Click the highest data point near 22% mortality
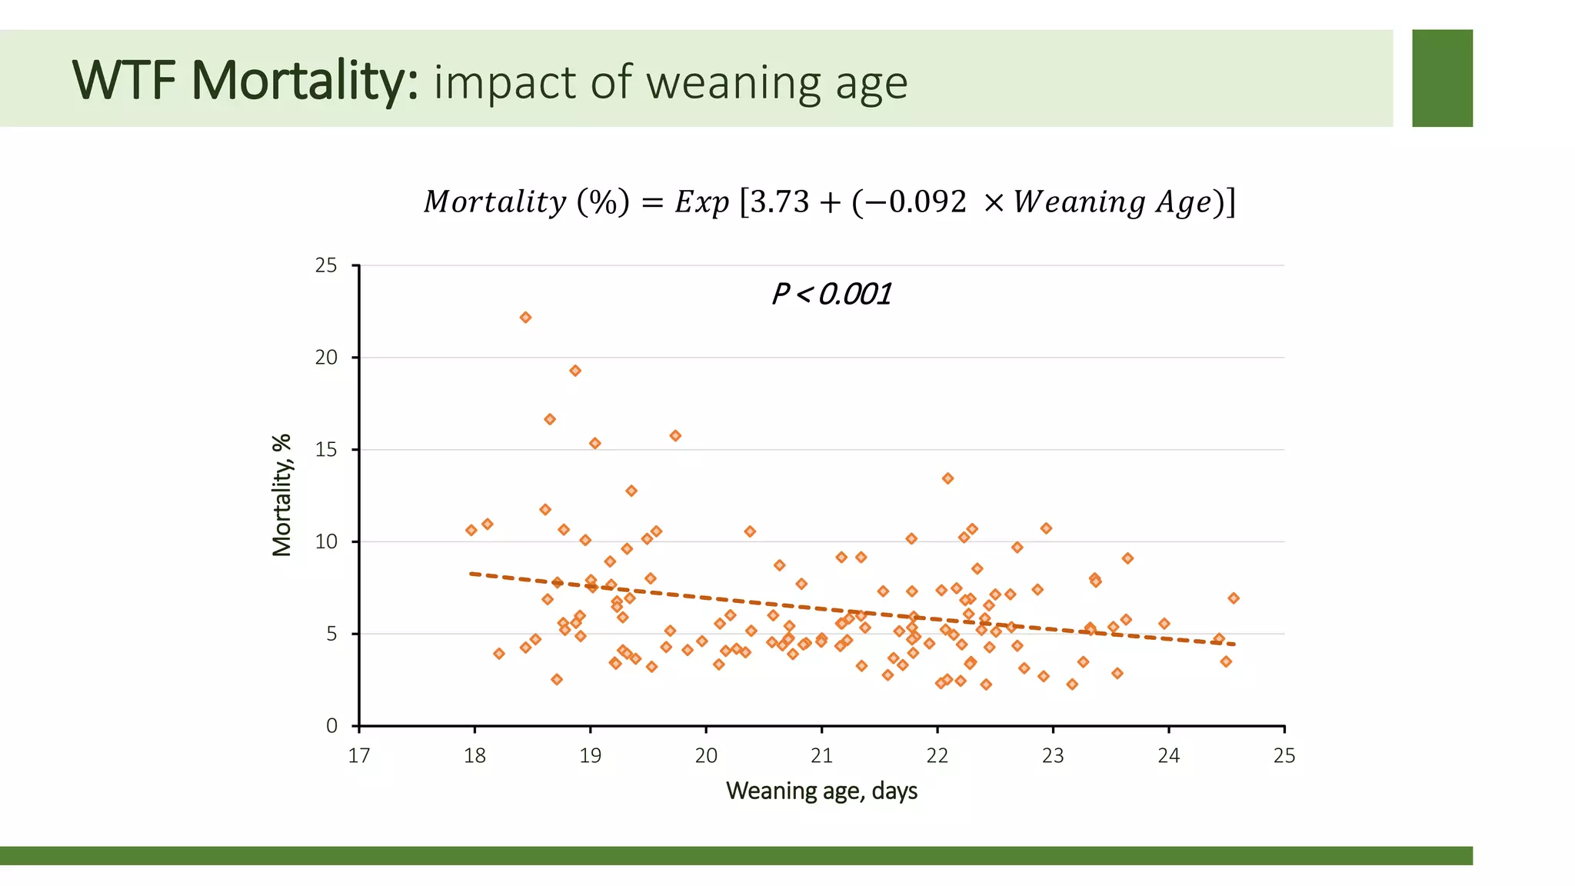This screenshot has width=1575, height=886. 525,318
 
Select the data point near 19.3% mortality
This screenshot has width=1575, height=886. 575,371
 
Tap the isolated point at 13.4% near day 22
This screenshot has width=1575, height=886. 947,478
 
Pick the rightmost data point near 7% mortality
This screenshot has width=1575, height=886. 1234,598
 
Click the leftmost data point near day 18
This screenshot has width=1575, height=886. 471,531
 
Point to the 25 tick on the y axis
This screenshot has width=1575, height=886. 327,265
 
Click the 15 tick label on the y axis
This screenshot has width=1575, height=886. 327,450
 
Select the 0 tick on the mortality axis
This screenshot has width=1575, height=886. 331,726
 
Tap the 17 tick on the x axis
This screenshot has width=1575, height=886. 359,756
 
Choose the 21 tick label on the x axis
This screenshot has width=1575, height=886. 821,756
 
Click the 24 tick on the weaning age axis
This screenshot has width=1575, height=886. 1168,756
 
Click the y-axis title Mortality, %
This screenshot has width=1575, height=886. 282,495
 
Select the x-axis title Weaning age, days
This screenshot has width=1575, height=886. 821,791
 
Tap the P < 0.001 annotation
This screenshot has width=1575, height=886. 831,295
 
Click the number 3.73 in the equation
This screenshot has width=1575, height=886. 780,202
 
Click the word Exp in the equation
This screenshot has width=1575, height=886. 701,202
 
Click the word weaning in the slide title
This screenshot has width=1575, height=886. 735,83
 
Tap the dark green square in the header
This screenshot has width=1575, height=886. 1442,78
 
